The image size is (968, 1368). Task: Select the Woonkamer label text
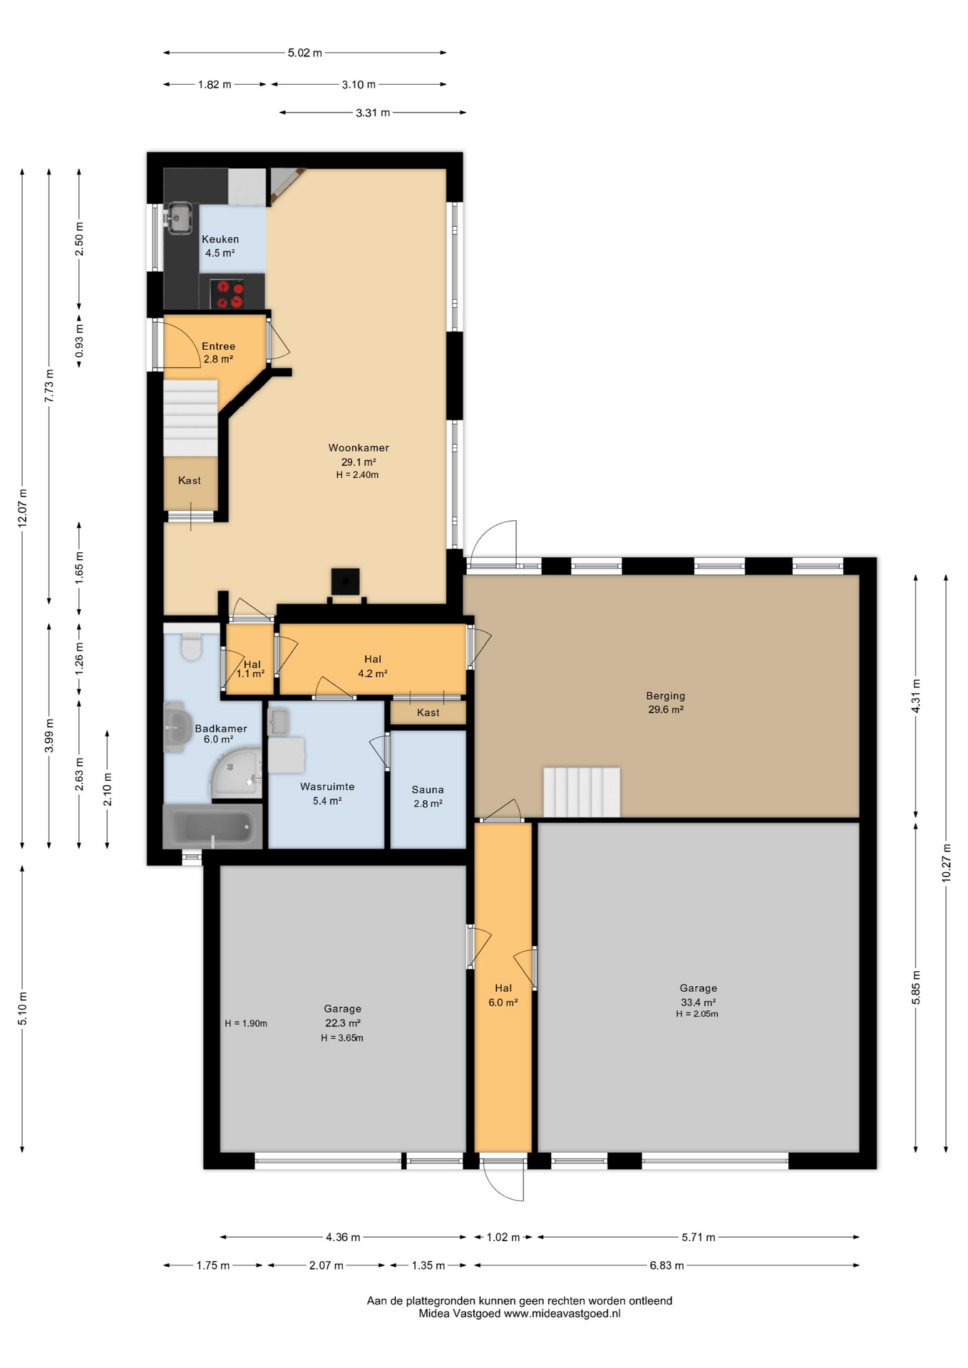tap(359, 448)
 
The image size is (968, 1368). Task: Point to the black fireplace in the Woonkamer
tap(345, 583)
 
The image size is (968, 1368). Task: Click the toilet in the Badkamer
tap(191, 647)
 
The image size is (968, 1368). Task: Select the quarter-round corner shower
tap(235, 774)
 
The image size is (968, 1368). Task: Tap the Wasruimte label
tap(327, 787)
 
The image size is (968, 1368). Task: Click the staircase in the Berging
tap(582, 791)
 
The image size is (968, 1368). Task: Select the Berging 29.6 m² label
tap(666, 702)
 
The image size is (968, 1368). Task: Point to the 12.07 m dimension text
tap(22, 507)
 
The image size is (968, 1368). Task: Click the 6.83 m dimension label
tap(666, 1265)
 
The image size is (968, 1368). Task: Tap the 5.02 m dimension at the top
tap(304, 53)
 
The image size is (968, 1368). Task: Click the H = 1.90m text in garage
tap(246, 1023)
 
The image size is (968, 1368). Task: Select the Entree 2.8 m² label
tap(218, 353)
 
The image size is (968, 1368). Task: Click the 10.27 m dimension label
tap(946, 863)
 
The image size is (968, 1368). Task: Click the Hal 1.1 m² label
tap(251, 669)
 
